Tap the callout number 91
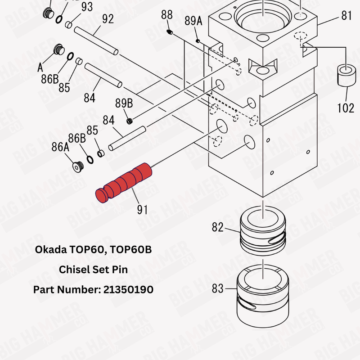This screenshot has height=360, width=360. pyautogui.click(x=142, y=209)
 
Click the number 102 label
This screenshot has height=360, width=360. pyautogui.click(x=346, y=108)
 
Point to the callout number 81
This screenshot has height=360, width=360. pyautogui.click(x=346, y=16)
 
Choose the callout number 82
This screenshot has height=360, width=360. pyautogui.click(x=217, y=228)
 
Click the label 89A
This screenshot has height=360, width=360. pyautogui.click(x=193, y=21)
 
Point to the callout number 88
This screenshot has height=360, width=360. pyautogui.click(x=166, y=15)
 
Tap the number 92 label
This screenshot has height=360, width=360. pyautogui.click(x=108, y=19)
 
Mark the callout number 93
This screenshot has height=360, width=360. pyautogui.click(x=87, y=7)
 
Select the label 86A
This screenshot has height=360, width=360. pyautogui.click(x=60, y=147)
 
